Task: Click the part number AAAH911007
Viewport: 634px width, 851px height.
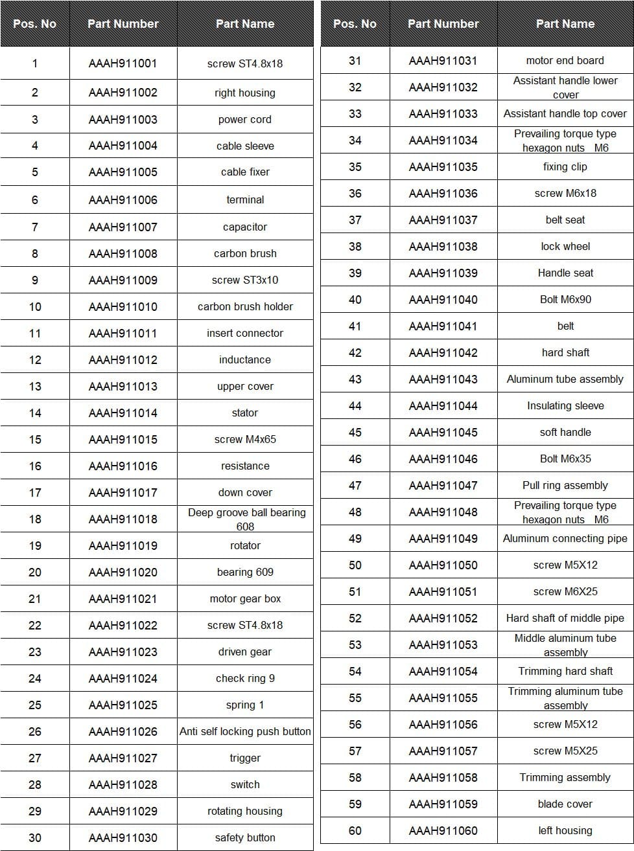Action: [123, 227]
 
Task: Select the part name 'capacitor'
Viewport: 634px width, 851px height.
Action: [245, 227]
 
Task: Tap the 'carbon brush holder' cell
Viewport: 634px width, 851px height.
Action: [245, 306]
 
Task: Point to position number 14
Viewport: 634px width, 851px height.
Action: [35, 413]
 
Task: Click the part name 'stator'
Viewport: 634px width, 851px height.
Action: [245, 413]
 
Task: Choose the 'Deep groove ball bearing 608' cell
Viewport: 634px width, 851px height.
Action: [246, 519]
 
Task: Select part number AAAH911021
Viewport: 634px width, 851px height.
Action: [123, 598]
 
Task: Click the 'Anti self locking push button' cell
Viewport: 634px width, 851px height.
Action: [245, 731]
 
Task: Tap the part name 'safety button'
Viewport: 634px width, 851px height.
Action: [245, 837]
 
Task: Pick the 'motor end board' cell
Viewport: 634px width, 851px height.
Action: [565, 60]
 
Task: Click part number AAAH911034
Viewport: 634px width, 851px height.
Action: [443, 140]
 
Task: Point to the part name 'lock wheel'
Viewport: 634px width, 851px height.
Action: [565, 246]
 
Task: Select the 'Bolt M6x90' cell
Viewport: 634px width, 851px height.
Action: [565, 299]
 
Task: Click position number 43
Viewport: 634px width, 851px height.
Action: [355, 379]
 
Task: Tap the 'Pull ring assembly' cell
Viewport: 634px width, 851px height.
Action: [565, 485]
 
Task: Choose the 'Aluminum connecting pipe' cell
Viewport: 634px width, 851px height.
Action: [565, 538]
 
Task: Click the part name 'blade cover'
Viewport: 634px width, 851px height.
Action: [565, 804]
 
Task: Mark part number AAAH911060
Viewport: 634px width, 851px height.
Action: [443, 830]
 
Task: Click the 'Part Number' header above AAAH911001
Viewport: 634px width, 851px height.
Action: [123, 24]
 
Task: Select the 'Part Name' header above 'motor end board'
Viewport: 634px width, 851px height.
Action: [565, 24]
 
